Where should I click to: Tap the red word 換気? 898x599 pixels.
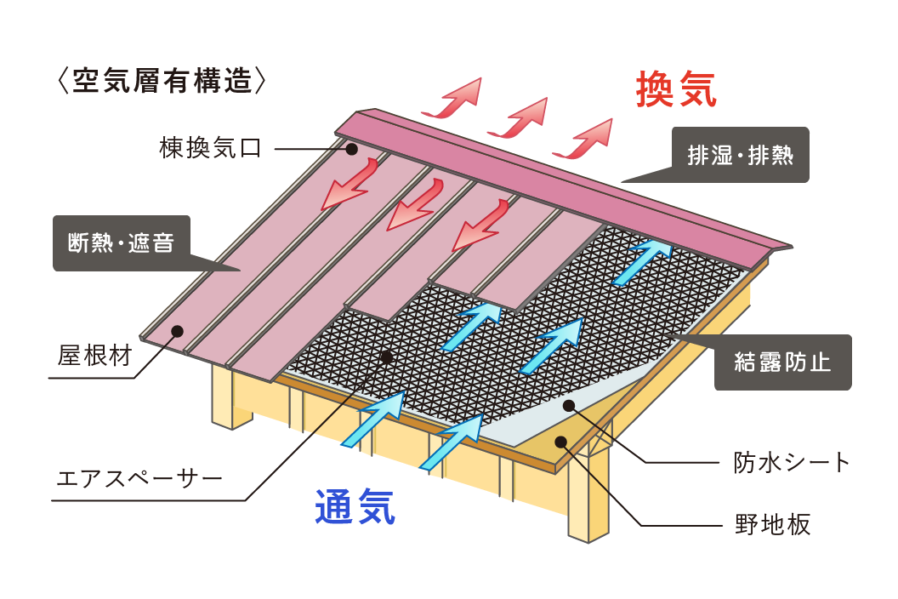point(676,88)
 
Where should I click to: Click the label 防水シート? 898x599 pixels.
point(792,462)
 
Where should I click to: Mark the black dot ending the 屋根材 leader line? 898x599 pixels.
point(178,331)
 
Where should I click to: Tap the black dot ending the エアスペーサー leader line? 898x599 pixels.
point(387,357)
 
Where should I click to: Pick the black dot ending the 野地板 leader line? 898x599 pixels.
point(561,442)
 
